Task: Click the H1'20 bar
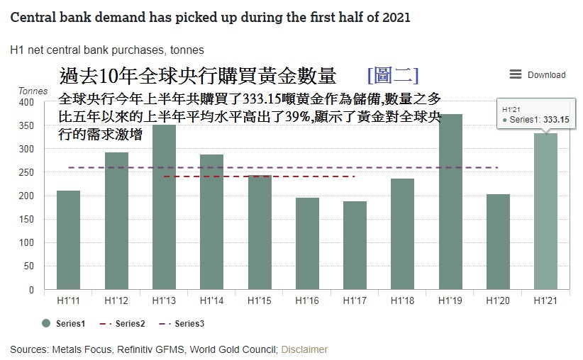click(x=498, y=242)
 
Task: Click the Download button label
click(x=546, y=75)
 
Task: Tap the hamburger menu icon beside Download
click(x=516, y=74)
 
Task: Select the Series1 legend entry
click(x=65, y=323)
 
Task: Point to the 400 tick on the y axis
click(x=26, y=102)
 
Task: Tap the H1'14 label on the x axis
click(x=211, y=301)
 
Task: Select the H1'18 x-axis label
click(x=402, y=301)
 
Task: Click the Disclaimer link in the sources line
click(x=304, y=349)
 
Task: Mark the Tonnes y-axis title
click(x=33, y=91)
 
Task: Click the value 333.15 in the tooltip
click(x=556, y=120)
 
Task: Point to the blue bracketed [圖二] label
click(x=393, y=75)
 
